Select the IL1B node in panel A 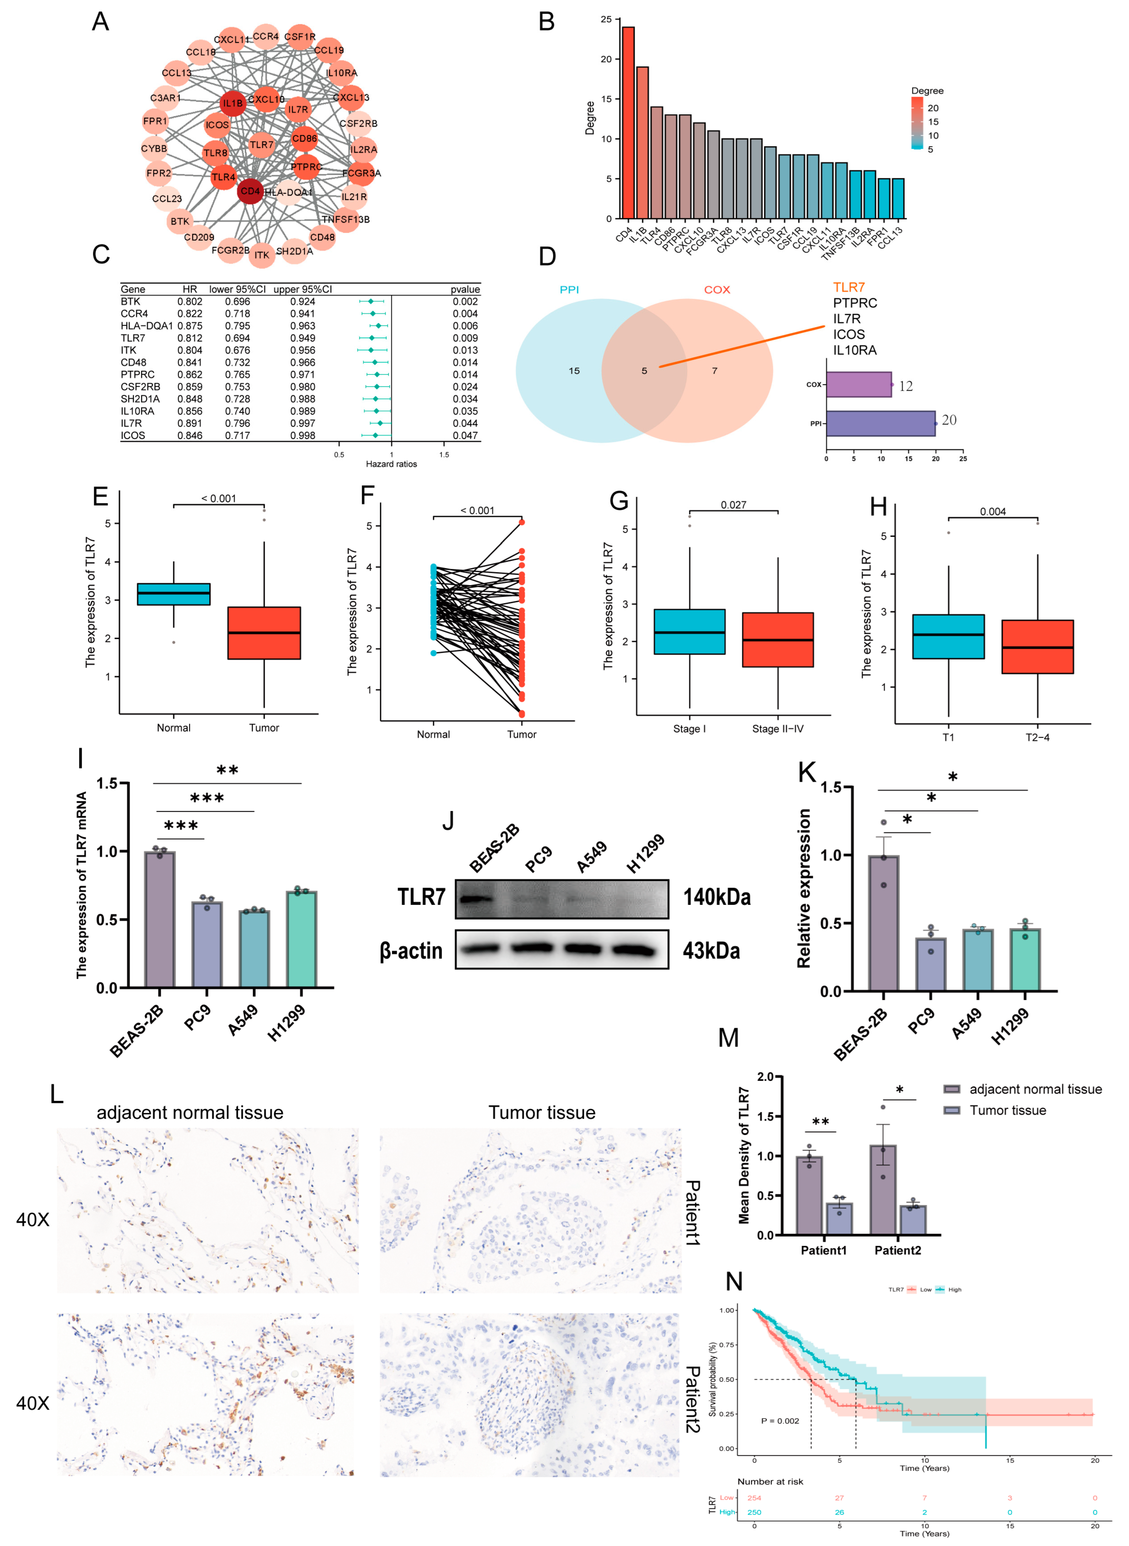pos(232,103)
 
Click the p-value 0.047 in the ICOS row pos(465,435)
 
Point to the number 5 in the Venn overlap pos(644,371)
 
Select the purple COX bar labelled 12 pos(858,385)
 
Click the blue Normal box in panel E pos(174,594)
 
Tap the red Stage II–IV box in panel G pos(778,640)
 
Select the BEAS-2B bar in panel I pos(160,919)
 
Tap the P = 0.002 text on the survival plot pos(780,1421)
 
